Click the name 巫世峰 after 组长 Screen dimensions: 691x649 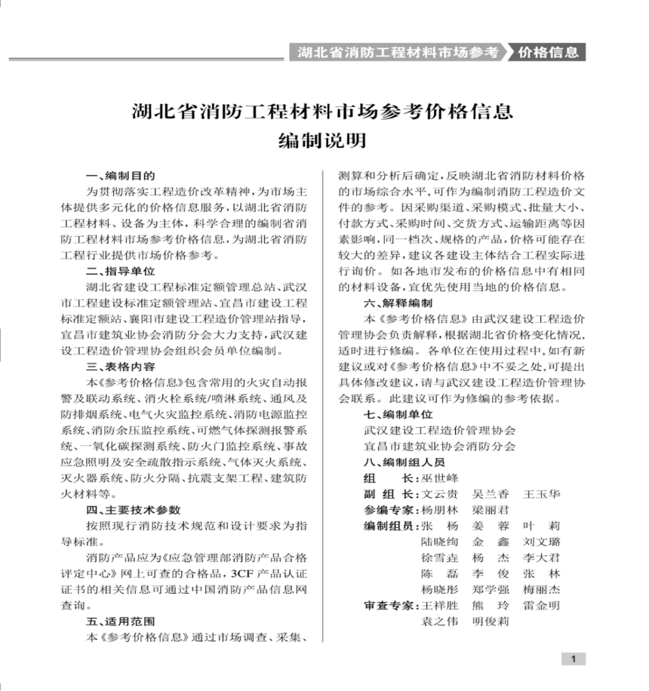pos(440,478)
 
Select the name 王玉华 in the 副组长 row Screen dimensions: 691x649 pos(542,494)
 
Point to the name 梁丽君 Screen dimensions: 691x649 pos(491,510)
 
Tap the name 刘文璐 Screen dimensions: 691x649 pos(542,542)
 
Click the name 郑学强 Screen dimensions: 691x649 pos(491,589)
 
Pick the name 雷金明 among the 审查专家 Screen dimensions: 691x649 pos(542,606)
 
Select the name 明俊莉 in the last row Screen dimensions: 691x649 pos(491,622)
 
